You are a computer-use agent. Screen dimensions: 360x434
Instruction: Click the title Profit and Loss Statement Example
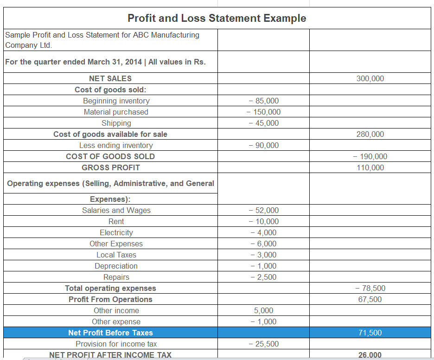tap(217, 18)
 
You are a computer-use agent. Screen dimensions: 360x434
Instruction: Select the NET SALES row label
tap(110, 78)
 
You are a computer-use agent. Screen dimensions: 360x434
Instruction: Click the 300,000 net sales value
tap(370, 78)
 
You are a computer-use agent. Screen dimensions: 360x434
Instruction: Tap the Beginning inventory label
tap(116, 101)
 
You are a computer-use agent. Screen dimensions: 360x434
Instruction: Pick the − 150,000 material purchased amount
tap(263, 112)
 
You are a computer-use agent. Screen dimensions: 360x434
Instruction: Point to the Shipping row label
tap(116, 123)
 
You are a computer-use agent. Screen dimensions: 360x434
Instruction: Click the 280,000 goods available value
tap(370, 134)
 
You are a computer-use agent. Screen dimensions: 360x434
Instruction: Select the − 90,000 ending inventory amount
tap(263, 145)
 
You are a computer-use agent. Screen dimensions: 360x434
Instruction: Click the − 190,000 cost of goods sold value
tap(370, 156)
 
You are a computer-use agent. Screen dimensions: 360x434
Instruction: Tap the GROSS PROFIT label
tap(110, 167)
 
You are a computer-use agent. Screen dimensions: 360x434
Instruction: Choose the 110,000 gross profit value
tap(370, 167)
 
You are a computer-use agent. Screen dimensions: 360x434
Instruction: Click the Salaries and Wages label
tap(116, 210)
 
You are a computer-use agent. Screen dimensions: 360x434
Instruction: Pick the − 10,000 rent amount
tap(263, 221)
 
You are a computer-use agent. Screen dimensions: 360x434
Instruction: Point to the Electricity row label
tap(116, 232)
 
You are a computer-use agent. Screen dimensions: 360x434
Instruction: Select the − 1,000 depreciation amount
tap(263, 266)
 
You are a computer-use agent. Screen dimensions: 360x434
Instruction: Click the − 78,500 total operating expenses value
tap(370, 288)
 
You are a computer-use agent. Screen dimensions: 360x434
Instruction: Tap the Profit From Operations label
tap(110, 299)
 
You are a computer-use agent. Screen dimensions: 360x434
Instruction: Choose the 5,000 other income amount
tap(263, 310)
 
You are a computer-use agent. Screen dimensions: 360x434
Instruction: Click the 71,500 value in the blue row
tap(370, 333)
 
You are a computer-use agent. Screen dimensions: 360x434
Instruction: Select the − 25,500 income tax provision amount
tap(263, 344)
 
